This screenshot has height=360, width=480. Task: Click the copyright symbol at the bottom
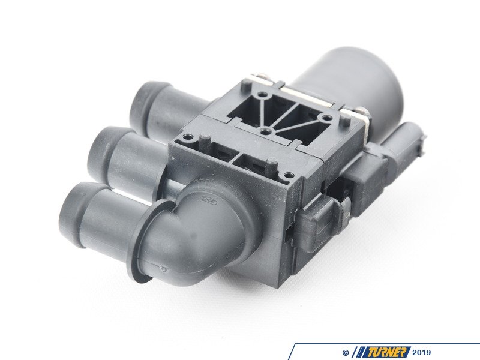point(346,352)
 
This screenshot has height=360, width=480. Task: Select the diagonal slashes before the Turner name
point(359,352)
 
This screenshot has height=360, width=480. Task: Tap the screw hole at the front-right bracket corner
point(290,175)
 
